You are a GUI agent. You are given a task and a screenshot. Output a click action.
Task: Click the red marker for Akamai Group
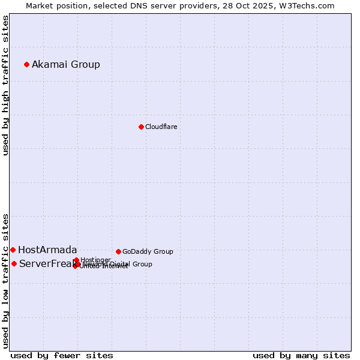pos(26,64)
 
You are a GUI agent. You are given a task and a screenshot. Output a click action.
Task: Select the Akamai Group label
pos(66,65)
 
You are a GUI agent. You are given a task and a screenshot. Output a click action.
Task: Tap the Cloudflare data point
pos(141,127)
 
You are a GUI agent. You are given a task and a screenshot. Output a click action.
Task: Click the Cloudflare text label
pos(161,127)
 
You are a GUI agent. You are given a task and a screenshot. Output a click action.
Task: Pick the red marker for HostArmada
pos(13,250)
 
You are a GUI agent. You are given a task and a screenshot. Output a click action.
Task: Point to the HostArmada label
pos(47,250)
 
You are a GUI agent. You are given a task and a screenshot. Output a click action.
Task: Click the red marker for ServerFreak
pos(14,263)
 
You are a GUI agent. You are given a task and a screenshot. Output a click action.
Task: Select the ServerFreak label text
pos(46,264)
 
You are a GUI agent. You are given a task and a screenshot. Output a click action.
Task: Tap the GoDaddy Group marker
pos(118,251)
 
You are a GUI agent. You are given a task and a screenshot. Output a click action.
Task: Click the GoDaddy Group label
pos(148,252)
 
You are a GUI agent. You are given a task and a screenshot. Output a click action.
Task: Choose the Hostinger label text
pos(95,260)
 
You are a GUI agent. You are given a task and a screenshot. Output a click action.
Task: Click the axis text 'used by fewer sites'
pos(62,355)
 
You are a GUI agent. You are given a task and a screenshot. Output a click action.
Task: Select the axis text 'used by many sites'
pos(301,355)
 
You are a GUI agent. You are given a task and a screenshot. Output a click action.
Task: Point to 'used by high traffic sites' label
pos(5,85)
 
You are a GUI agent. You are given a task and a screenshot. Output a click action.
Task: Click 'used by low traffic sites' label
pos(5,280)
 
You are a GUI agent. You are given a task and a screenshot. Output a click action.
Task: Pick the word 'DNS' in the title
pos(131,5)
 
